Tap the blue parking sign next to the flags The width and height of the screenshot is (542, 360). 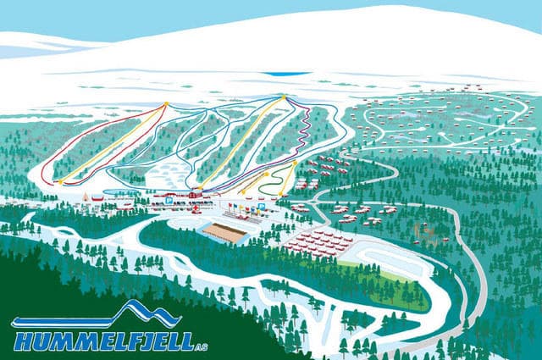(x=262, y=206)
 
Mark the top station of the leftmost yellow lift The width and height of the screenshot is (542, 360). (x=167, y=103)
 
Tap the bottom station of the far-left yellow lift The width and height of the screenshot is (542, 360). (x=61, y=181)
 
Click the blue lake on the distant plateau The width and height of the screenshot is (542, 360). (x=286, y=74)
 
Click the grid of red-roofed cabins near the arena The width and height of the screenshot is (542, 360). (x=318, y=244)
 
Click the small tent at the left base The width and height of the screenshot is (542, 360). (x=89, y=195)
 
